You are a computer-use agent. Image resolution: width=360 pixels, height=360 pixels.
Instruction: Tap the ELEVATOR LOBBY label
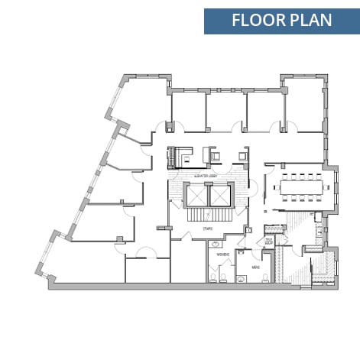tap(208, 177)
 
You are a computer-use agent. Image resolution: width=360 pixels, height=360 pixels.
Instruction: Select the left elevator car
tap(196, 198)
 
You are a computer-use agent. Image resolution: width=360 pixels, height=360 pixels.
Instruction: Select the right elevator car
tap(221, 198)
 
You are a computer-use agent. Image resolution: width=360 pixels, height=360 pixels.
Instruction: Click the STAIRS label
tap(208, 228)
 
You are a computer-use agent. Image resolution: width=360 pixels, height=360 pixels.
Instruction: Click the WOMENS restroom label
tap(222, 253)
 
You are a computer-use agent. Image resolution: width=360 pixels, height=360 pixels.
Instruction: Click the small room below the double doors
tap(147, 272)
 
